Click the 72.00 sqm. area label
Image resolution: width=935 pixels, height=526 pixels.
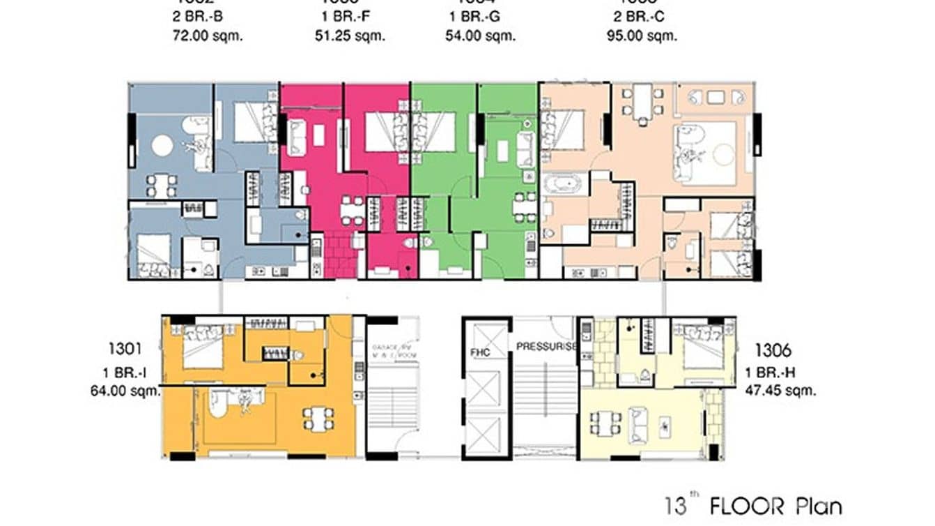208,36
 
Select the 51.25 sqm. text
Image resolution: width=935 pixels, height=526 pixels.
350,36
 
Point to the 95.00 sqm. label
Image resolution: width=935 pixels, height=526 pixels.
642,36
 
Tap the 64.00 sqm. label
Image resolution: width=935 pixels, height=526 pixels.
125,391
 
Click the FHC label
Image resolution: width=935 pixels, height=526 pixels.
480,352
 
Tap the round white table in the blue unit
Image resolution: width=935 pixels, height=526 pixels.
162,145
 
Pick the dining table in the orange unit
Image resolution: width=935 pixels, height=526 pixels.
318,419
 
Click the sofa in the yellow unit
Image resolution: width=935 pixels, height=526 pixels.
637,425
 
